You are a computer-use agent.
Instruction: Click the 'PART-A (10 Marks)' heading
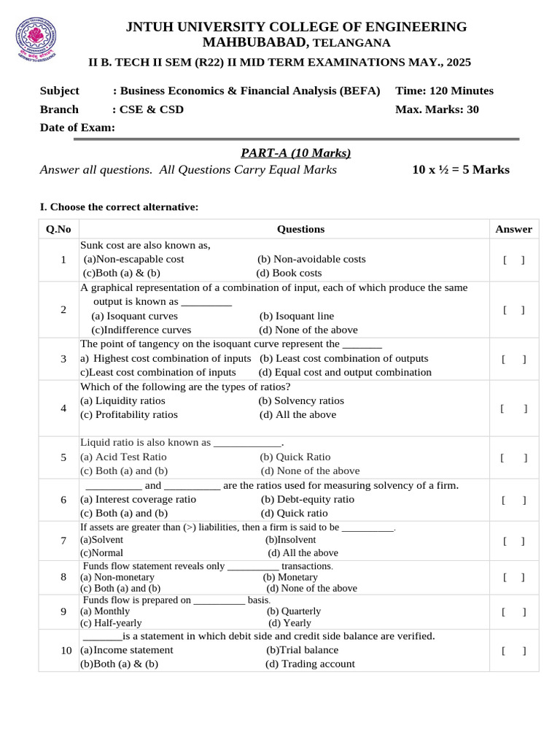295,152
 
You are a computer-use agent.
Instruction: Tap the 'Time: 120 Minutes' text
444,91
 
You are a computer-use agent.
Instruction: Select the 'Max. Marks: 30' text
437,109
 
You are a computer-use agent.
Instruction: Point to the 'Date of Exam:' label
77,128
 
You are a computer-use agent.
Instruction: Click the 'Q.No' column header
58,229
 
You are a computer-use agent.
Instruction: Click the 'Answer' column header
513,229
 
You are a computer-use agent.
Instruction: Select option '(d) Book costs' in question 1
289,273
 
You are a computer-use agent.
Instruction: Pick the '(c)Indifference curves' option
141,330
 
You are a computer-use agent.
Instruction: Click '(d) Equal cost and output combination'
345,372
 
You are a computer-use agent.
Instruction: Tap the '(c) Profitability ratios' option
129,414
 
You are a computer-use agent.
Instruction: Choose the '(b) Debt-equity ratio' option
307,499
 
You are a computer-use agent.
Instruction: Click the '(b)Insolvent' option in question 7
290,540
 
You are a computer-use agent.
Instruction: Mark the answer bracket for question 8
513,577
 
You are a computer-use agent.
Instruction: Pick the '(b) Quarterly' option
293,611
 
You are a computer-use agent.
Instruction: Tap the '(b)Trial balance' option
302,649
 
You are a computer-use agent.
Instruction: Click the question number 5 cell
63,457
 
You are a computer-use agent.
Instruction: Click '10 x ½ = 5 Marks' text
461,170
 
